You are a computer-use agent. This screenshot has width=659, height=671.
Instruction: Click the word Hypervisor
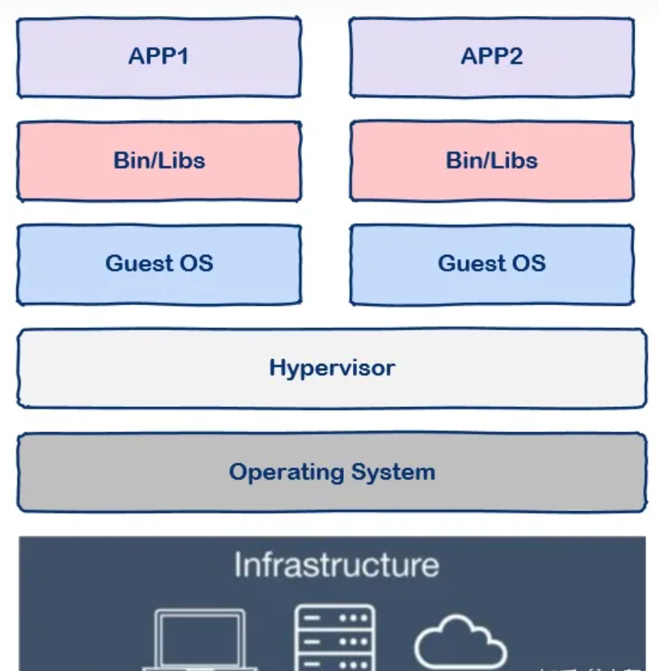[332, 368]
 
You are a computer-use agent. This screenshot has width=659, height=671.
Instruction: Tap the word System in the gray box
[393, 472]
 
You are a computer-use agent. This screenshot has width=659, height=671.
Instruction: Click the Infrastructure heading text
[336, 565]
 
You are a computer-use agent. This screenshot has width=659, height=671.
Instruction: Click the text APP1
[159, 56]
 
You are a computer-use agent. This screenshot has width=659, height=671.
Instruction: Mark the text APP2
[491, 56]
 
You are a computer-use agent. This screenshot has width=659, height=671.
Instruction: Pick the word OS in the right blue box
[530, 263]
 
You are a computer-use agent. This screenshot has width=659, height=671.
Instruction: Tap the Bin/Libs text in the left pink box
[159, 161]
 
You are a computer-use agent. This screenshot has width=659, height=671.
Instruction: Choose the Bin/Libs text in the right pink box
[492, 161]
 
